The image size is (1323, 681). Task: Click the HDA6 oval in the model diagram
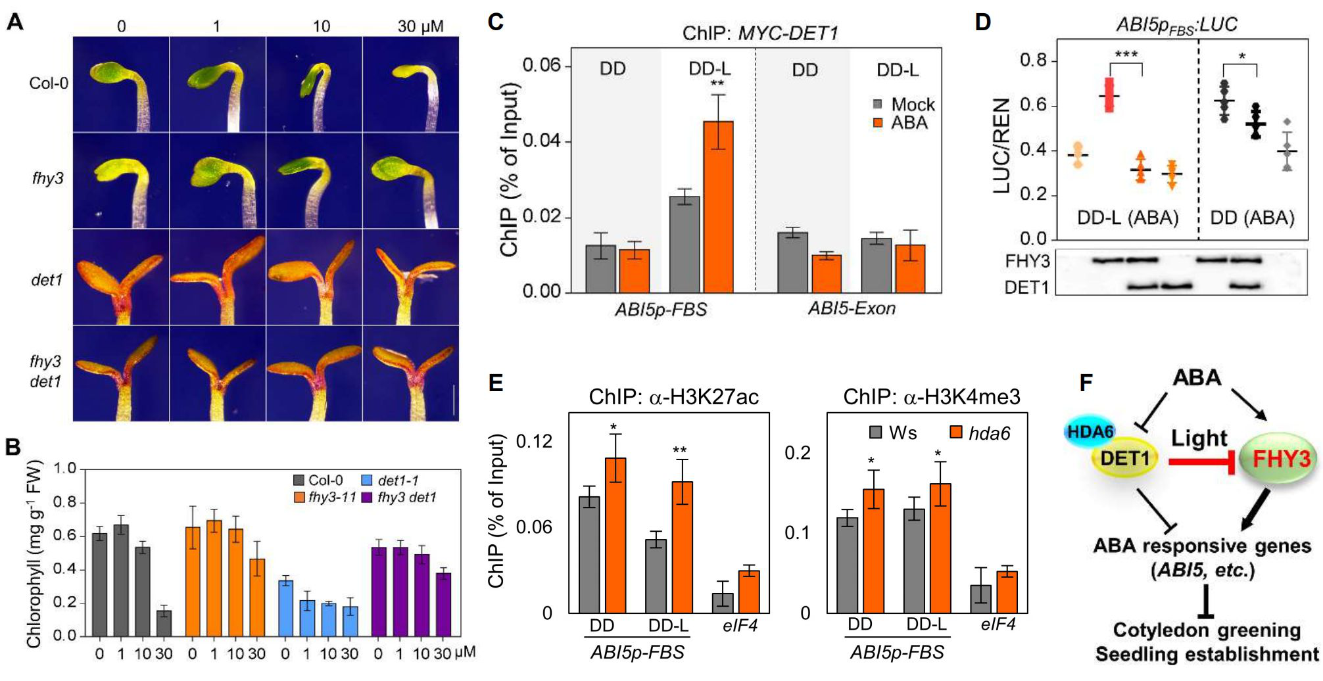coord(1090,431)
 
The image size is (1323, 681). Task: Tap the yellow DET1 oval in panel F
coord(1124,458)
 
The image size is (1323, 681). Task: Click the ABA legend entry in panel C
coord(902,123)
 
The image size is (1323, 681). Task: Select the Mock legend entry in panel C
coord(905,105)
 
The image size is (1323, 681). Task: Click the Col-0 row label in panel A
coord(49,83)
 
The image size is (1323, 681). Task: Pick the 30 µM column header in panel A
coord(420,26)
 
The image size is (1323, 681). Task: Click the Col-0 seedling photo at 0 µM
coord(121,84)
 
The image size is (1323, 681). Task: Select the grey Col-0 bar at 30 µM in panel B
coord(164,622)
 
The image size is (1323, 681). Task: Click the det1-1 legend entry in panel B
coord(391,481)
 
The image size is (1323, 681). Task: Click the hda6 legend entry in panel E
coord(980,433)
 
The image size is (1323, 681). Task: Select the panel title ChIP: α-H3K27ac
coord(673,397)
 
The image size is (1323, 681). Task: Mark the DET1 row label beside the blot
coord(1026,287)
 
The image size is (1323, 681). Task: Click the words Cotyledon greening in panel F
coord(1207,630)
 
